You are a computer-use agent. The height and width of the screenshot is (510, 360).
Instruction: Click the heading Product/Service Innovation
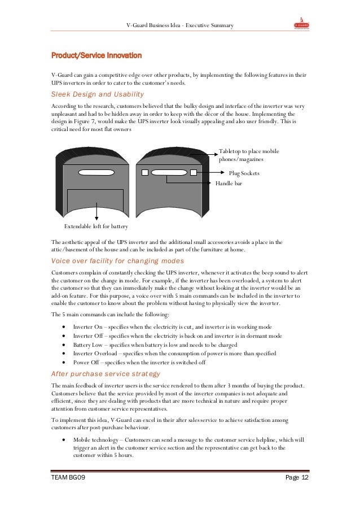[93, 56]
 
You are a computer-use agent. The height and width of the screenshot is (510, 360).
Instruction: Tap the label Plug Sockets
[244, 173]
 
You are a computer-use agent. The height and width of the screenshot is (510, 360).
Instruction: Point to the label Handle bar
[229, 183]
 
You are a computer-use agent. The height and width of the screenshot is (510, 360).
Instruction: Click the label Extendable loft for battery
[96, 226]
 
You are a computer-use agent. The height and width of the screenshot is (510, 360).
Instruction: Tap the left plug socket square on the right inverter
[144, 172]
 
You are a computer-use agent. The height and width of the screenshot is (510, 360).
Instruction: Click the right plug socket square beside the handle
[194, 172]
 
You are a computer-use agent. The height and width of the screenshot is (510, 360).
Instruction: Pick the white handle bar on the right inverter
[169, 172]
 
